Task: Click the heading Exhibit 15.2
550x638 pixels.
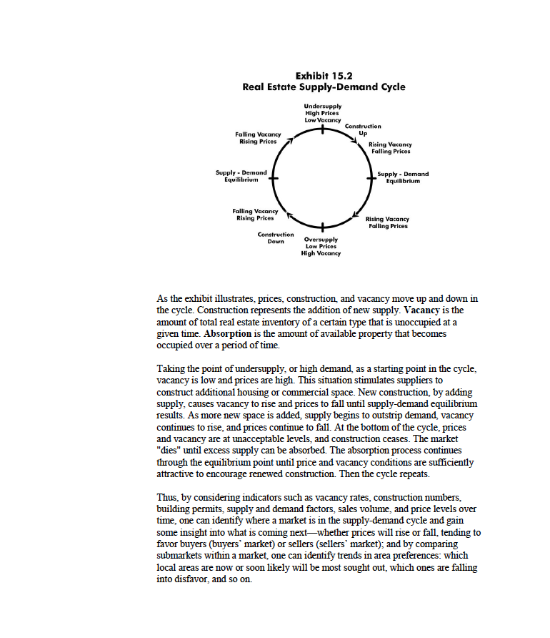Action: pyautogui.click(x=324, y=75)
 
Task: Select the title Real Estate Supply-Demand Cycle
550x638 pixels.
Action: pyautogui.click(x=324, y=87)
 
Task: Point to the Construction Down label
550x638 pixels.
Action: pyautogui.click(x=275, y=237)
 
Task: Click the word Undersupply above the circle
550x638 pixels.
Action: pyautogui.click(x=322, y=106)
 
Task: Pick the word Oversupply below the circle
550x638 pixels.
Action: pyautogui.click(x=322, y=240)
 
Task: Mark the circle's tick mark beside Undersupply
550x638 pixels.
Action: pyautogui.click(x=323, y=131)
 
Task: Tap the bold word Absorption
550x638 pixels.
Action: pyautogui.click(x=223, y=334)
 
